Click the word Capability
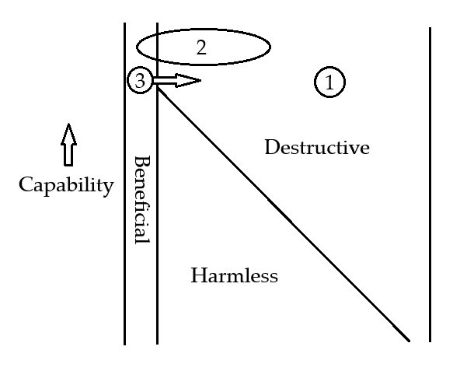point(66,185)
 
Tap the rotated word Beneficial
point(141,199)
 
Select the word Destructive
point(316,147)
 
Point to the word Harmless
point(234,275)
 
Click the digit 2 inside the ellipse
point(201,47)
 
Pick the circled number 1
point(329,82)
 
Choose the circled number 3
point(140,80)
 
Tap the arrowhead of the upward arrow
point(68,132)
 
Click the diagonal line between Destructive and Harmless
point(280,209)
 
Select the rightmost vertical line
point(430,187)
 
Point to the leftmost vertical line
point(124,233)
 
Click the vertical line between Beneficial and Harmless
point(157,233)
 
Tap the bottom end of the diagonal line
point(408,340)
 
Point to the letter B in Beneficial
point(141,161)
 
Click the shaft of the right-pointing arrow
point(165,80)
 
